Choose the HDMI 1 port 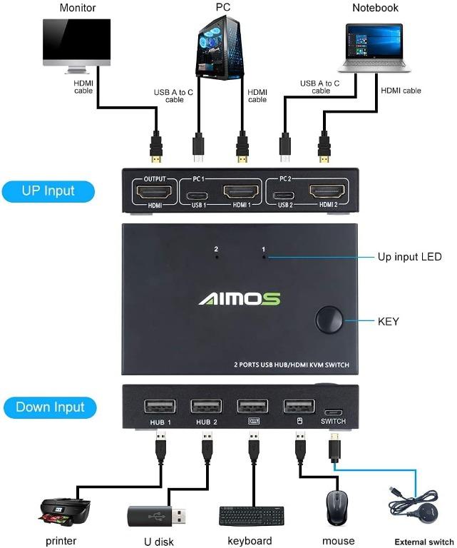pos(240,191)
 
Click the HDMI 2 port pos(327,191)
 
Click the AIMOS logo pos(239,299)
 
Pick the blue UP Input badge pos(48,191)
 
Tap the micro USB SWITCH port pos(332,412)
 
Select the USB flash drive pos(158,514)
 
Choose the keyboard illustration pos(251,515)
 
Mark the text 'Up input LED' pos(409,257)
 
